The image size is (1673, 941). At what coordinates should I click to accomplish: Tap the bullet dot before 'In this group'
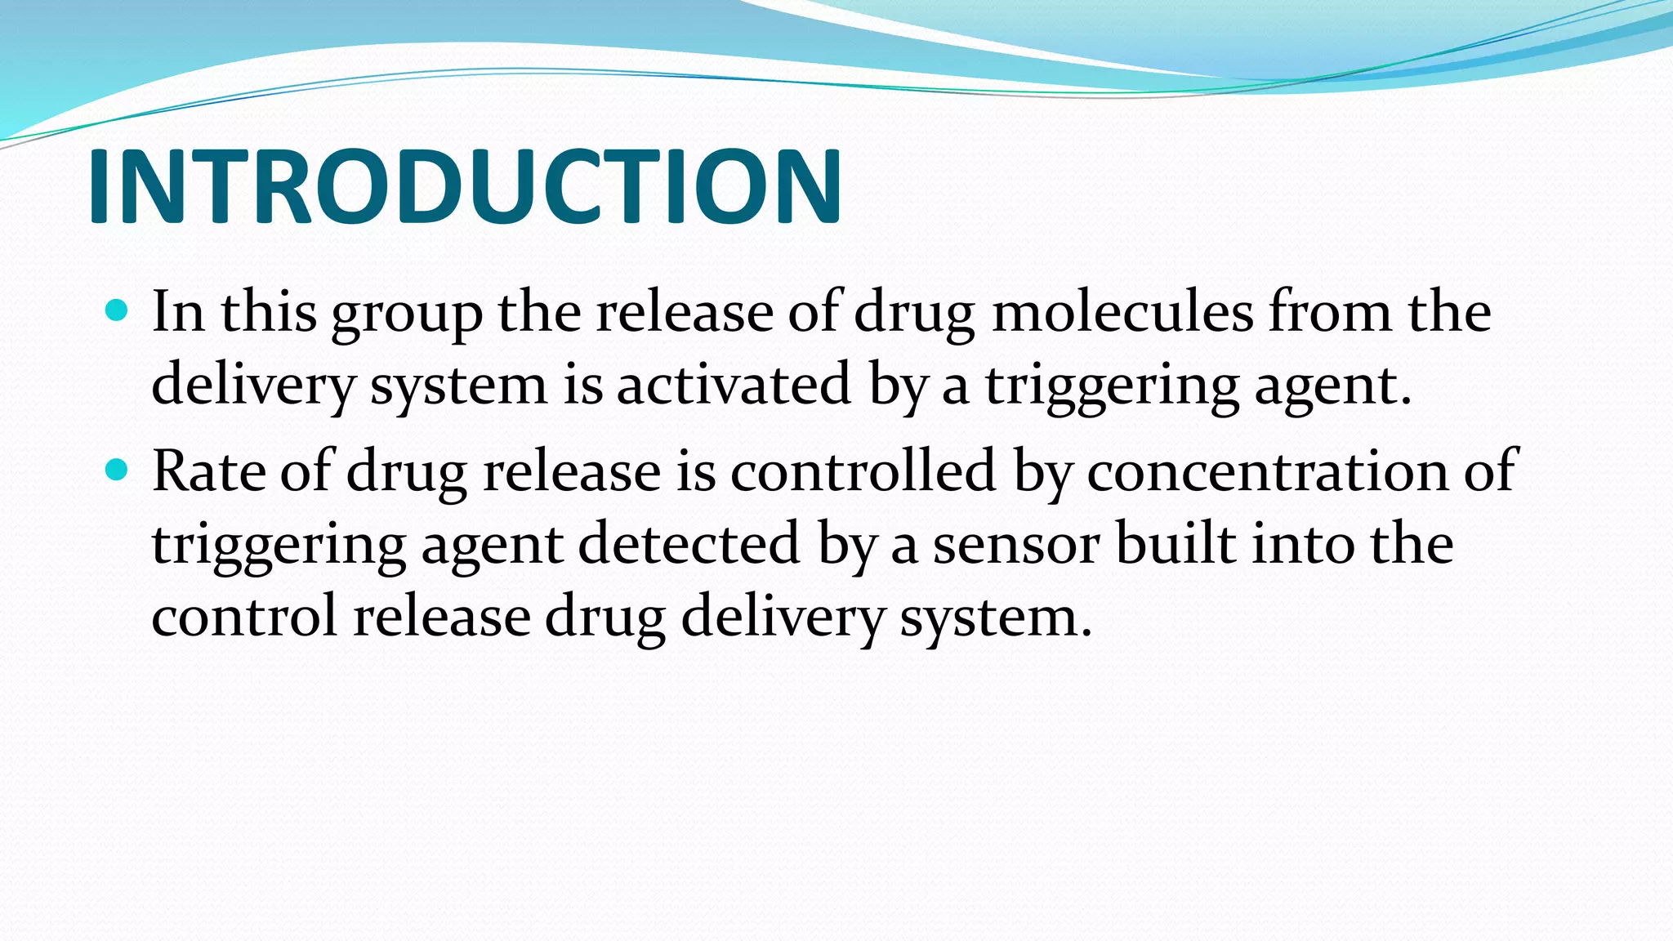(x=118, y=310)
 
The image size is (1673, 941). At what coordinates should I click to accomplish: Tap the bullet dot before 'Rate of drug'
(x=118, y=470)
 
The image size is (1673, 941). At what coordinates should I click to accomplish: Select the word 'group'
(x=406, y=314)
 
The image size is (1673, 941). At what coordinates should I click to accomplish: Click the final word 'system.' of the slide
(x=996, y=618)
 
